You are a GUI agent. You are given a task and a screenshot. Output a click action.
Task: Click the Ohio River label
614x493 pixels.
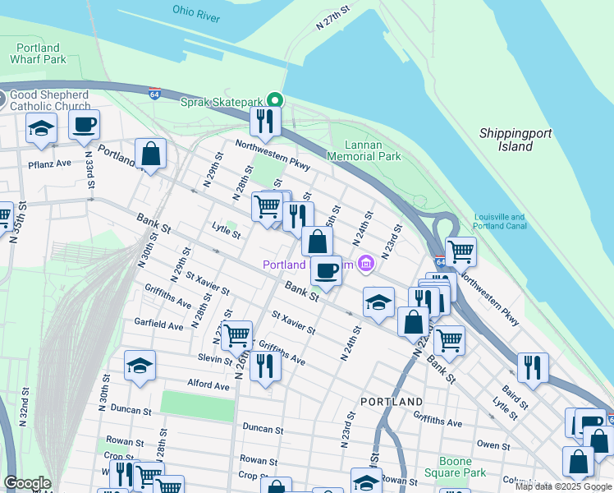click(195, 11)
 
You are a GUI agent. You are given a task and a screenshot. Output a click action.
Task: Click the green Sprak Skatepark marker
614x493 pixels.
click(277, 101)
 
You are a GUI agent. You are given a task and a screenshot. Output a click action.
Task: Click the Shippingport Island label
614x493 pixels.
click(515, 140)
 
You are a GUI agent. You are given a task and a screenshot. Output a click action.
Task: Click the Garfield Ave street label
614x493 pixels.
click(159, 325)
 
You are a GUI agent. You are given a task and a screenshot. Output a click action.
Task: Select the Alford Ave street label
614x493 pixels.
click(208, 384)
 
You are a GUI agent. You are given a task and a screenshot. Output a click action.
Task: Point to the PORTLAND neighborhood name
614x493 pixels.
click(392, 402)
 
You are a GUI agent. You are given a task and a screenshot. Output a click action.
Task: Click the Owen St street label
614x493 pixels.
click(493, 445)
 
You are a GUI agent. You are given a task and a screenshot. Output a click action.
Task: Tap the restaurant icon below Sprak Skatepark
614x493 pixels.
click(266, 121)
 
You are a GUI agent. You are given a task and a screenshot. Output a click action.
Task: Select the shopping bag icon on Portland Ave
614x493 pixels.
click(151, 153)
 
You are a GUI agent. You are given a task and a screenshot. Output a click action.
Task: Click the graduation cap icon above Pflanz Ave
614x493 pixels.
click(41, 128)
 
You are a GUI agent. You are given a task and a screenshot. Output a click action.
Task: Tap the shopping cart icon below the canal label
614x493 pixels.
click(460, 251)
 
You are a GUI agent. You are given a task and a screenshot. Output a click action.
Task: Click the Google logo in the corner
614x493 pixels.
click(27, 483)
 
